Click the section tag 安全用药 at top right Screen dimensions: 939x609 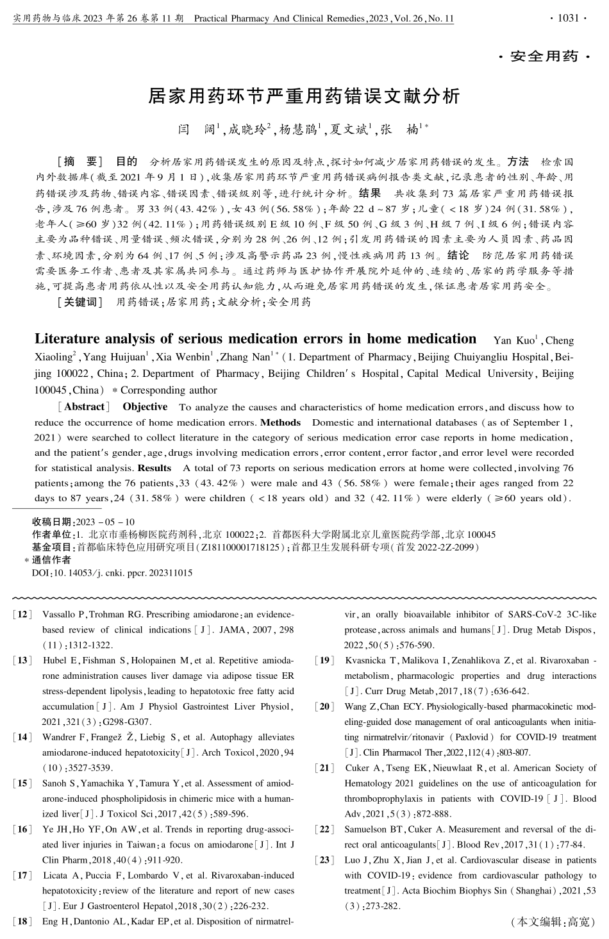pyautogui.click(x=545, y=57)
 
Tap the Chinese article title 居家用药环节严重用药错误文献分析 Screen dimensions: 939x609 pyautogui.click(x=304, y=96)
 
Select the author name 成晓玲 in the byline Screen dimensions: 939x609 pyautogui.click(x=247, y=130)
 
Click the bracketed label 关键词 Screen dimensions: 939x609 pyautogui.click(x=80, y=302)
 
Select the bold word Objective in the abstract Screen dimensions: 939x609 pyautogui.click(x=145, y=407)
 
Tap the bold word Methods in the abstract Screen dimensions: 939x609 pyautogui.click(x=280, y=422)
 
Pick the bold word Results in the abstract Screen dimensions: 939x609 pyautogui.click(x=154, y=468)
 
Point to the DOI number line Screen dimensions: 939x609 pyautogui.click(x=112, y=573)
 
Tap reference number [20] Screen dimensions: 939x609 pyautogui.click(x=324, y=707)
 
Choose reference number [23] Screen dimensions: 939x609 pyautogui.click(x=324, y=860)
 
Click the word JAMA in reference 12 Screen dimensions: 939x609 pyautogui.click(x=231, y=630)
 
